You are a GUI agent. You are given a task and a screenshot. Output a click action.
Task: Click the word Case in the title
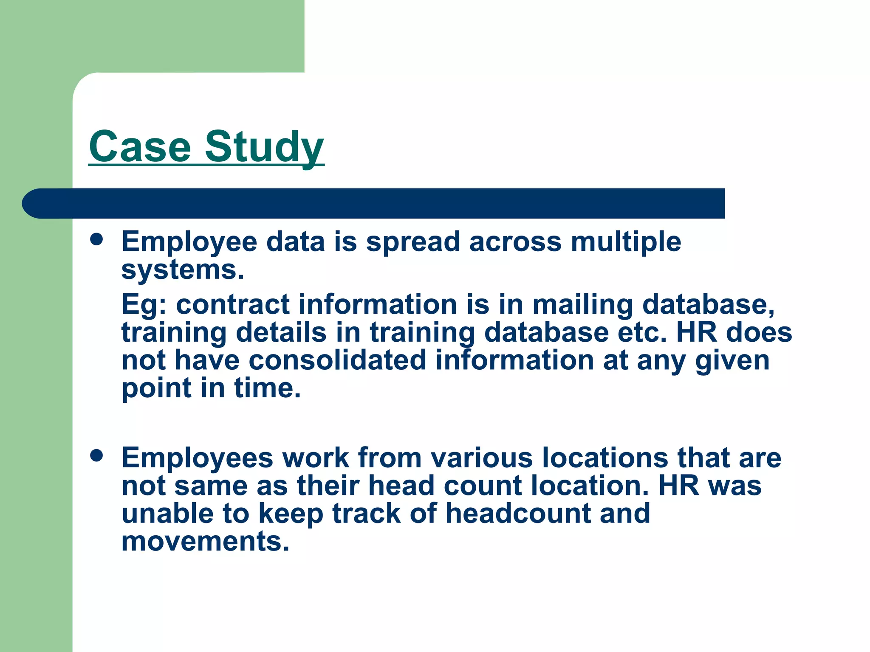pos(140,147)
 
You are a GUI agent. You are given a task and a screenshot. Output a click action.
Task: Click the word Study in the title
pos(264,147)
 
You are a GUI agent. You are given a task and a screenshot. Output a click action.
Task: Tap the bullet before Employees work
pos(97,456)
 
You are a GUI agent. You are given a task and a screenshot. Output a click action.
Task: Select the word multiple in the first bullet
pos(626,242)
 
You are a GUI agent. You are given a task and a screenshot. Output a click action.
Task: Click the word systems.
pos(183,270)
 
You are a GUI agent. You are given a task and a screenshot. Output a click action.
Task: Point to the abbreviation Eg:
pos(144,305)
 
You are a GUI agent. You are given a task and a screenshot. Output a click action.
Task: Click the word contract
pos(232,305)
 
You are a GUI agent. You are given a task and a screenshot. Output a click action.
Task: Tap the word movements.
pos(205,542)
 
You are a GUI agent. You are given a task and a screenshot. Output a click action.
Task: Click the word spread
pos(413,242)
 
